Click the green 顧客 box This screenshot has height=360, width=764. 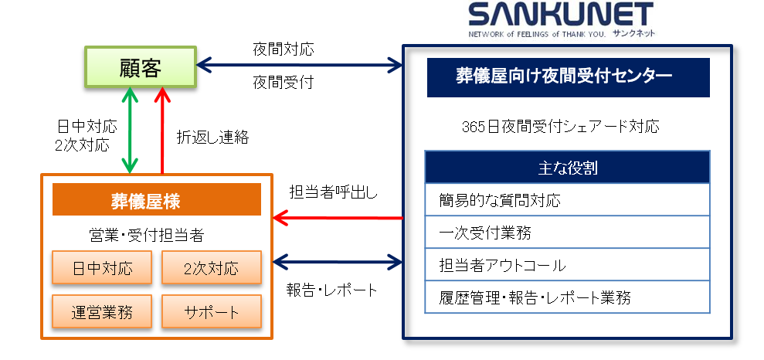[140, 68]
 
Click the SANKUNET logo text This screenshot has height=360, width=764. [560, 16]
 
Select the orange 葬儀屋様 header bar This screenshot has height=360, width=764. [156, 199]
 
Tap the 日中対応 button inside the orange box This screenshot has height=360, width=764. [102, 268]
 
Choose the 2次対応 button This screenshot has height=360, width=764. [211, 268]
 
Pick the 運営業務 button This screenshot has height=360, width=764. [102, 312]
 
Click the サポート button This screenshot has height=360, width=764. [211, 312]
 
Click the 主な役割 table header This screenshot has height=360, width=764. [567, 167]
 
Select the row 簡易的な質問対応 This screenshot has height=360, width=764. [567, 200]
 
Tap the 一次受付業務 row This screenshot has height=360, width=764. [567, 233]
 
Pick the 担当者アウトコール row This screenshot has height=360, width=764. [567, 265]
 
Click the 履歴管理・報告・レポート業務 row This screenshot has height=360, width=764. [567, 297]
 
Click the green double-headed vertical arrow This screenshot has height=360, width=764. [130, 130]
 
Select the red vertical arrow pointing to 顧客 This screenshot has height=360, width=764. [162, 130]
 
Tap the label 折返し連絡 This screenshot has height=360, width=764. [212, 137]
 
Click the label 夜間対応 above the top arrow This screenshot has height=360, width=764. [284, 49]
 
